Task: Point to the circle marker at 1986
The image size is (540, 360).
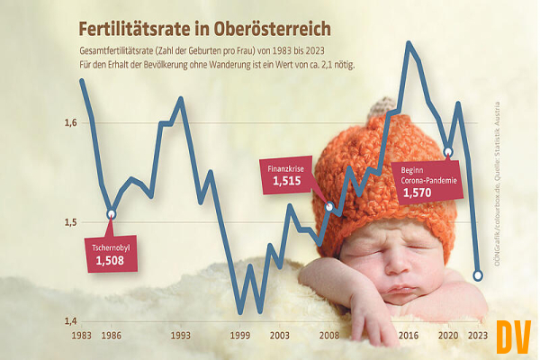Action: point(112,214)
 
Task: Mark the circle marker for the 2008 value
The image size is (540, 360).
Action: point(329,207)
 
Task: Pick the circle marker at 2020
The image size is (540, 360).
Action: point(448,151)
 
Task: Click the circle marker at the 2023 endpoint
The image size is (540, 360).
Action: point(479,274)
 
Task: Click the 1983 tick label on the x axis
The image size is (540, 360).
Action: point(80,335)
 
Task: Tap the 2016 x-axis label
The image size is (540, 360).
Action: point(409,335)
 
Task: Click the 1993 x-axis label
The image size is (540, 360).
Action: point(181,335)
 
